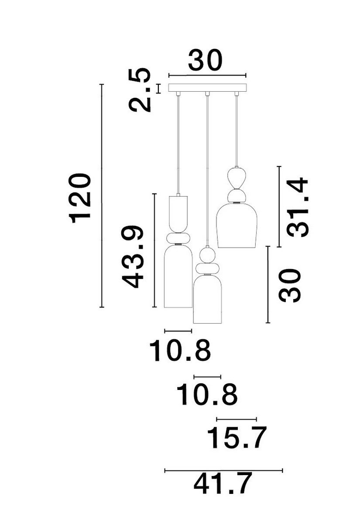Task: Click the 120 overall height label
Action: [82, 197]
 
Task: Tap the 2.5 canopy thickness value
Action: [141, 90]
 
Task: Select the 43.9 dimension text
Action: [132, 257]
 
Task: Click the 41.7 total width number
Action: [223, 484]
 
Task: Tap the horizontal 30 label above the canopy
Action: [205, 61]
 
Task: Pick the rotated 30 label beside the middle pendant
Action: [291, 286]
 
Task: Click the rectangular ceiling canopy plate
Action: [207, 88]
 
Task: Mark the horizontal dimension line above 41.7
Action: [223, 470]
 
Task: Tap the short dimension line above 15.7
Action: [236, 418]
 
